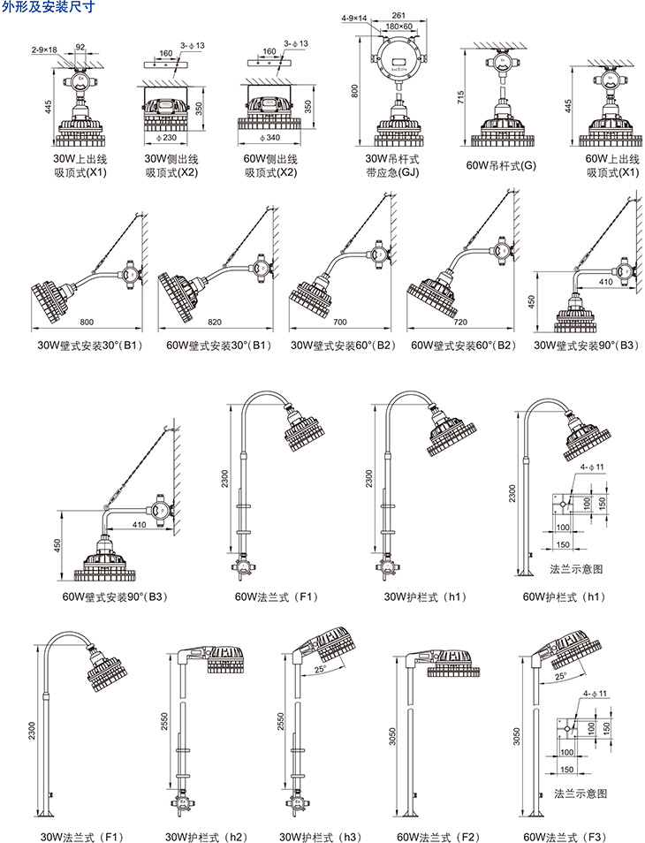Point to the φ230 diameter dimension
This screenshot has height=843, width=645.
coord(167,137)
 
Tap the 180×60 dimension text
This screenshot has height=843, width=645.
coord(398,27)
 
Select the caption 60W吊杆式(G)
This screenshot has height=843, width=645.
coord(501,165)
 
